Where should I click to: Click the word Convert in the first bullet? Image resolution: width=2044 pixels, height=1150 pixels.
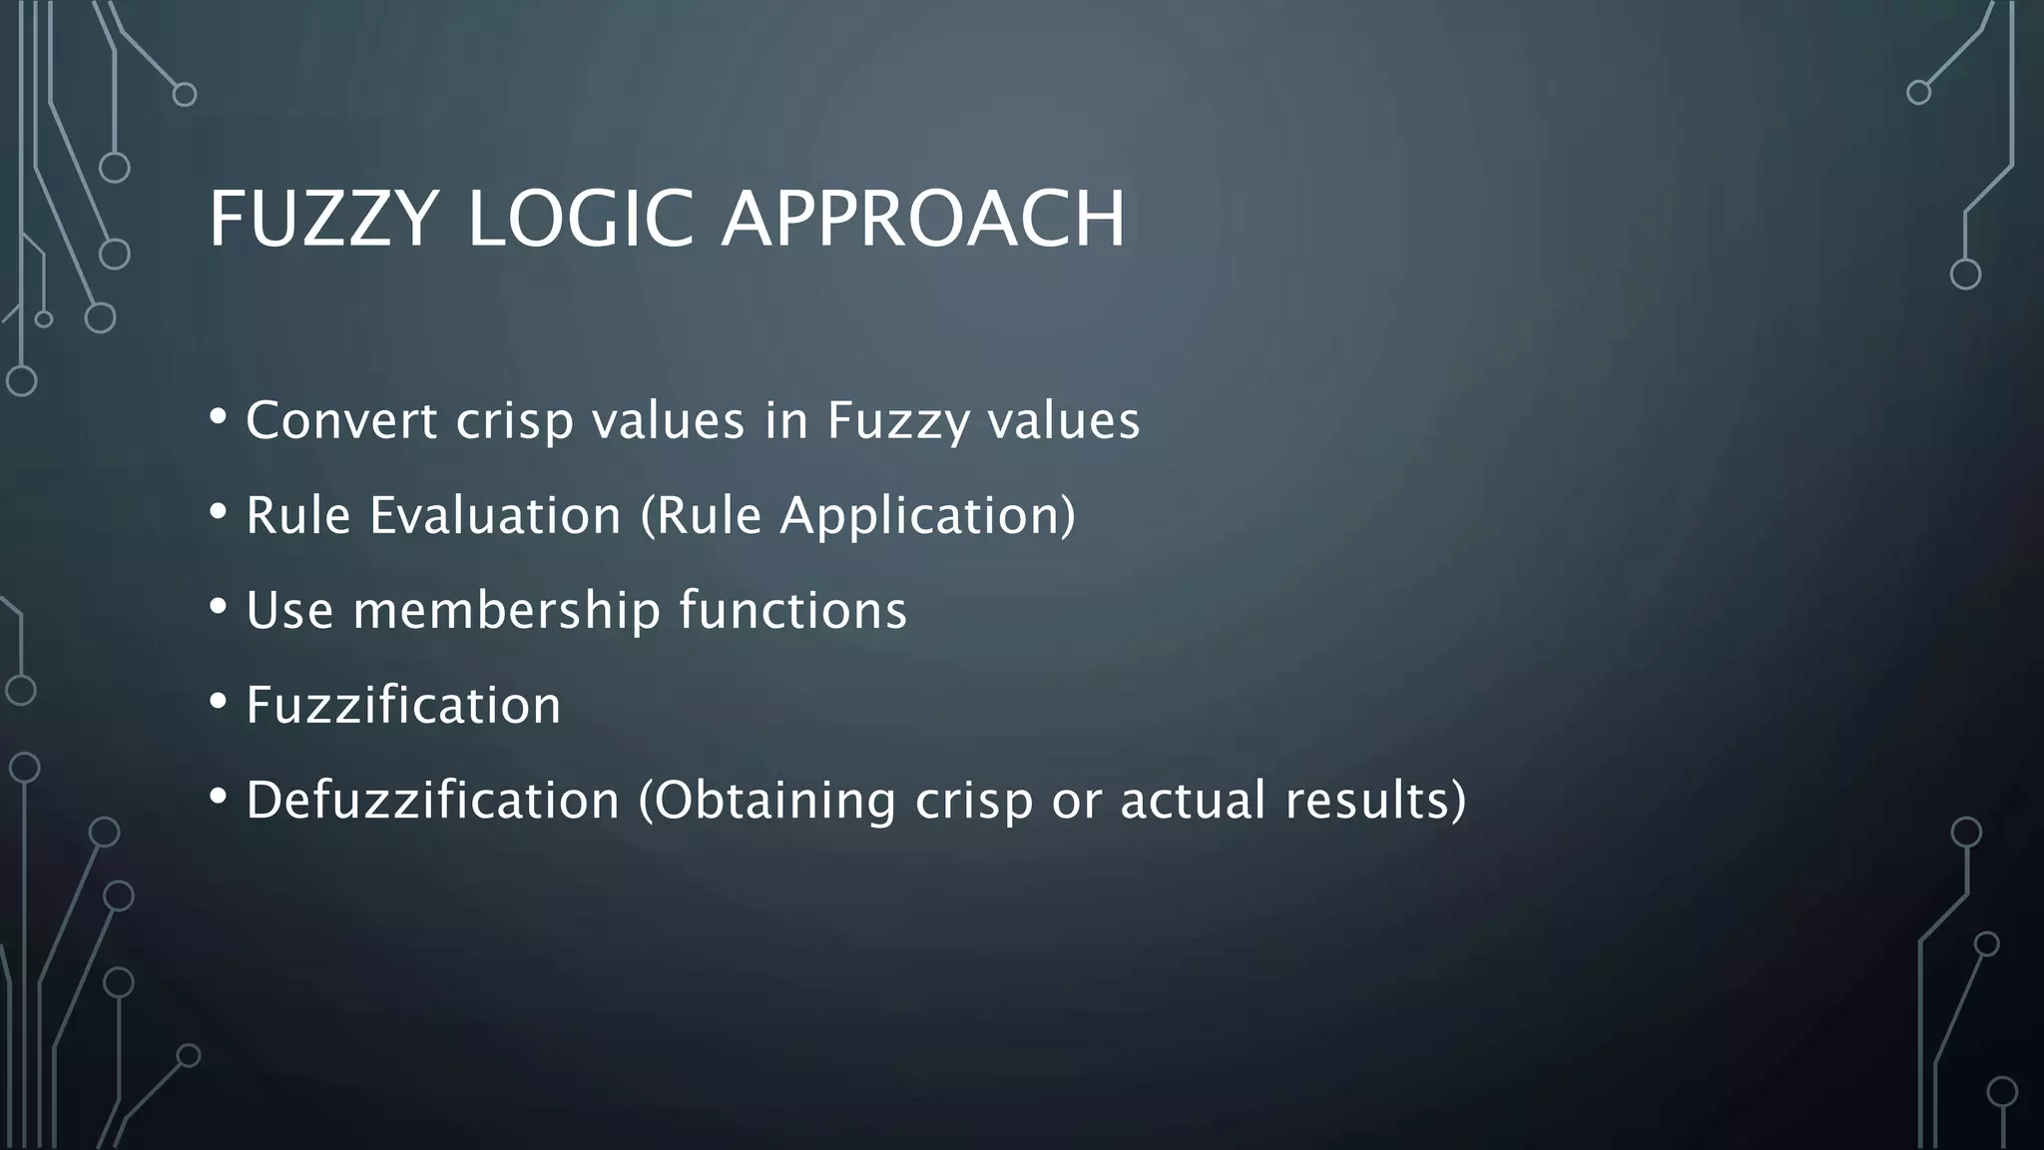(x=341, y=420)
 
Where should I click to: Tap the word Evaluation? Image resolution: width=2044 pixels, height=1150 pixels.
(x=495, y=516)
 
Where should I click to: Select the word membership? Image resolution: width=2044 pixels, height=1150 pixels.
(x=507, y=610)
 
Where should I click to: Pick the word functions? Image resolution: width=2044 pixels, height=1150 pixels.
(x=793, y=610)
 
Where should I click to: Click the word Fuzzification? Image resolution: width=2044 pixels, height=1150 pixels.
(x=403, y=705)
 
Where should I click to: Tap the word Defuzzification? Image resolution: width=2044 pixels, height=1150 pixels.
(x=433, y=800)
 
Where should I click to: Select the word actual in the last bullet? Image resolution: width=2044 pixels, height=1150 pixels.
(x=1194, y=800)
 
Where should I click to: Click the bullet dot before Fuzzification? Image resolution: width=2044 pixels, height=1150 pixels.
(x=219, y=701)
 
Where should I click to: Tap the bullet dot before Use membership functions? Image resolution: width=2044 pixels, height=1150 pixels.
(x=219, y=606)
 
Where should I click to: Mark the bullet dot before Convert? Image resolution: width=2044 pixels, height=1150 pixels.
(x=219, y=416)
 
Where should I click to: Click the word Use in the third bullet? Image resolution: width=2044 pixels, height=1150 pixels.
(x=289, y=610)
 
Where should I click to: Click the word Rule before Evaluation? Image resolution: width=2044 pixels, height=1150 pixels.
(x=298, y=516)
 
